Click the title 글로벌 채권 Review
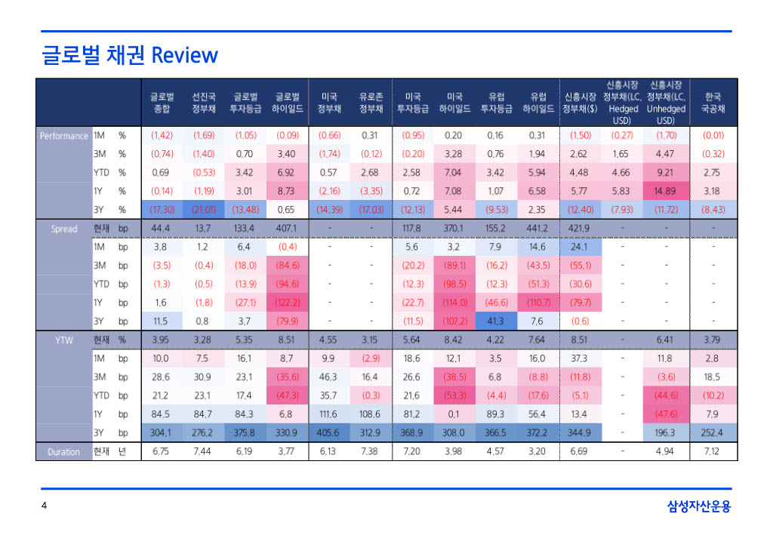pos(130,55)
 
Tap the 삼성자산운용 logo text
pos(699,506)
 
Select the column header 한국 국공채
pos(713,103)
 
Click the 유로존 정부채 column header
pos(371,103)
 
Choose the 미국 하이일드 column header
pos(454,103)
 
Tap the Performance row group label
pos(63,136)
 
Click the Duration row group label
pos(63,452)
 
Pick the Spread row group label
pos(63,229)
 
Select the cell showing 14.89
pos(665,191)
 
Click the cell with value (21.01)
pos(204,209)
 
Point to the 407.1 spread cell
pos(287,228)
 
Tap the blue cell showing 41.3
pos(495,321)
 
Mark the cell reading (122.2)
pos(287,303)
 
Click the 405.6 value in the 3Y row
pos(329,432)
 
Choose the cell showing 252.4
pos(713,432)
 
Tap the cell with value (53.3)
pos(454,395)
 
